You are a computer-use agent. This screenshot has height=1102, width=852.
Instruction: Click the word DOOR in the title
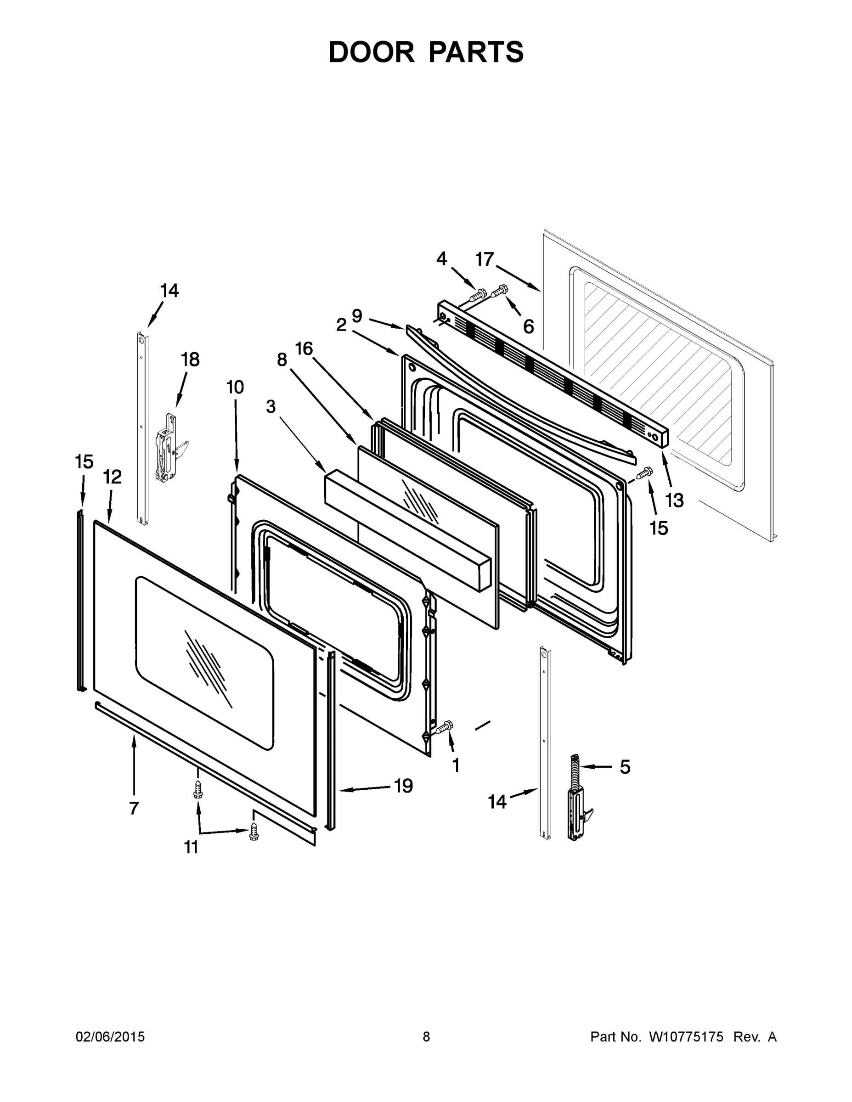(x=372, y=52)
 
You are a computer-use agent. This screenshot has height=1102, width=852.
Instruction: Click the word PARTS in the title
(x=477, y=52)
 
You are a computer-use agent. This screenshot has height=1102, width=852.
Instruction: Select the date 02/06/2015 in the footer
(x=110, y=1037)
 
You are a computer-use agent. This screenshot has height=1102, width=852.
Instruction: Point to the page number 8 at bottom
(x=426, y=1037)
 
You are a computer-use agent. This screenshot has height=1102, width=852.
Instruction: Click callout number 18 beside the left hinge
(x=190, y=360)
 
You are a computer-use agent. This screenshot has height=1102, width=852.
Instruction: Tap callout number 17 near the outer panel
(x=485, y=259)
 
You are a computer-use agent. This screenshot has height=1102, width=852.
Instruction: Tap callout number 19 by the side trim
(x=403, y=786)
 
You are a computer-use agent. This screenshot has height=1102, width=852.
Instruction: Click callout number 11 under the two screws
(x=191, y=847)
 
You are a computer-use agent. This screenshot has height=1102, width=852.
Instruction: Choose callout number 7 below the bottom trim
(x=133, y=808)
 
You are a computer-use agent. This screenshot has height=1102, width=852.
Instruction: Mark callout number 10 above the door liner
(x=235, y=387)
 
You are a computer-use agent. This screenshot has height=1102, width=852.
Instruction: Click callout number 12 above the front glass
(x=113, y=476)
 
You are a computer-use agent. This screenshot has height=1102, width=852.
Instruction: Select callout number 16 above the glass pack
(x=304, y=348)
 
